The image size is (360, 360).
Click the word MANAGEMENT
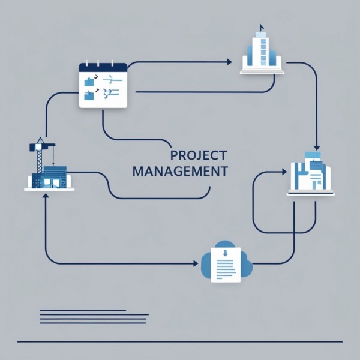[180, 171]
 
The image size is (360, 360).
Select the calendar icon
[103, 85]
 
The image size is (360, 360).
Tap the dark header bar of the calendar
[103, 67]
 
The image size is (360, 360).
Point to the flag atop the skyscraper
[262, 26]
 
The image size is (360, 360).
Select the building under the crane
[50, 178]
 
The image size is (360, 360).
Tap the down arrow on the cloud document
[225, 253]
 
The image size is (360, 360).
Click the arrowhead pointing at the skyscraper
[229, 62]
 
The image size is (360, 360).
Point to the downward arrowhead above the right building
[317, 148]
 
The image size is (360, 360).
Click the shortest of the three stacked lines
[82, 310]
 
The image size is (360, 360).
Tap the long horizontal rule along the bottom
[180, 341]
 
